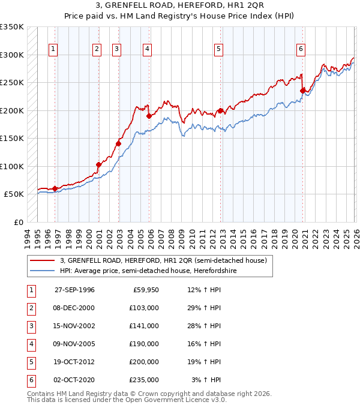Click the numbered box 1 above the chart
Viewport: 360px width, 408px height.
(x=53, y=49)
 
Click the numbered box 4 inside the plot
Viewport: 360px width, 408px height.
(x=147, y=49)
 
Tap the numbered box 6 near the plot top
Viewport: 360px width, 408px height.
(x=301, y=49)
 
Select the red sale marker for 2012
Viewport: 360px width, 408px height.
(x=221, y=110)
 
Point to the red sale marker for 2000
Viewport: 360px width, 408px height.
(x=98, y=164)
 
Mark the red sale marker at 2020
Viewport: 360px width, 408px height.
(x=303, y=91)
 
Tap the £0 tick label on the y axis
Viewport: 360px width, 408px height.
(x=18, y=222)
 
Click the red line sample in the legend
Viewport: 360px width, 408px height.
(x=42, y=260)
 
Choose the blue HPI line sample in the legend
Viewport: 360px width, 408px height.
(x=42, y=271)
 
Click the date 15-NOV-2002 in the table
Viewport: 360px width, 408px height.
(x=74, y=326)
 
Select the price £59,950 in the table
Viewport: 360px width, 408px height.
(x=146, y=290)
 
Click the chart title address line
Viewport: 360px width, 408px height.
(x=180, y=7)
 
